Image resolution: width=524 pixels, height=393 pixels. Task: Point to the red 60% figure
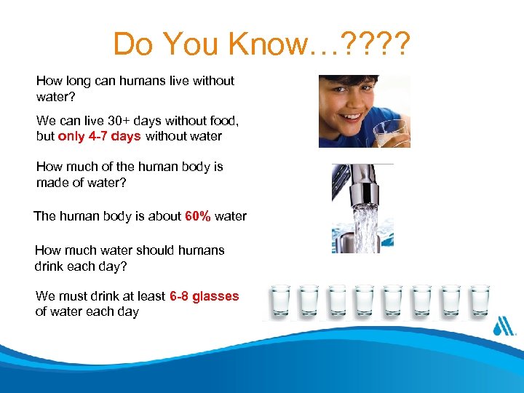(x=199, y=216)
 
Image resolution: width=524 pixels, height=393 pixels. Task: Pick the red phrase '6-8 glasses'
(x=204, y=296)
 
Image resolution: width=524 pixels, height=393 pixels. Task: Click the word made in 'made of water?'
(x=53, y=183)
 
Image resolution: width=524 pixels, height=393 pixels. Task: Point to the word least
(x=151, y=296)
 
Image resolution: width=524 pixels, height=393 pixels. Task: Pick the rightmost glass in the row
(x=480, y=302)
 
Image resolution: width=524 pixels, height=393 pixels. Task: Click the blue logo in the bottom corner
(x=504, y=326)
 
